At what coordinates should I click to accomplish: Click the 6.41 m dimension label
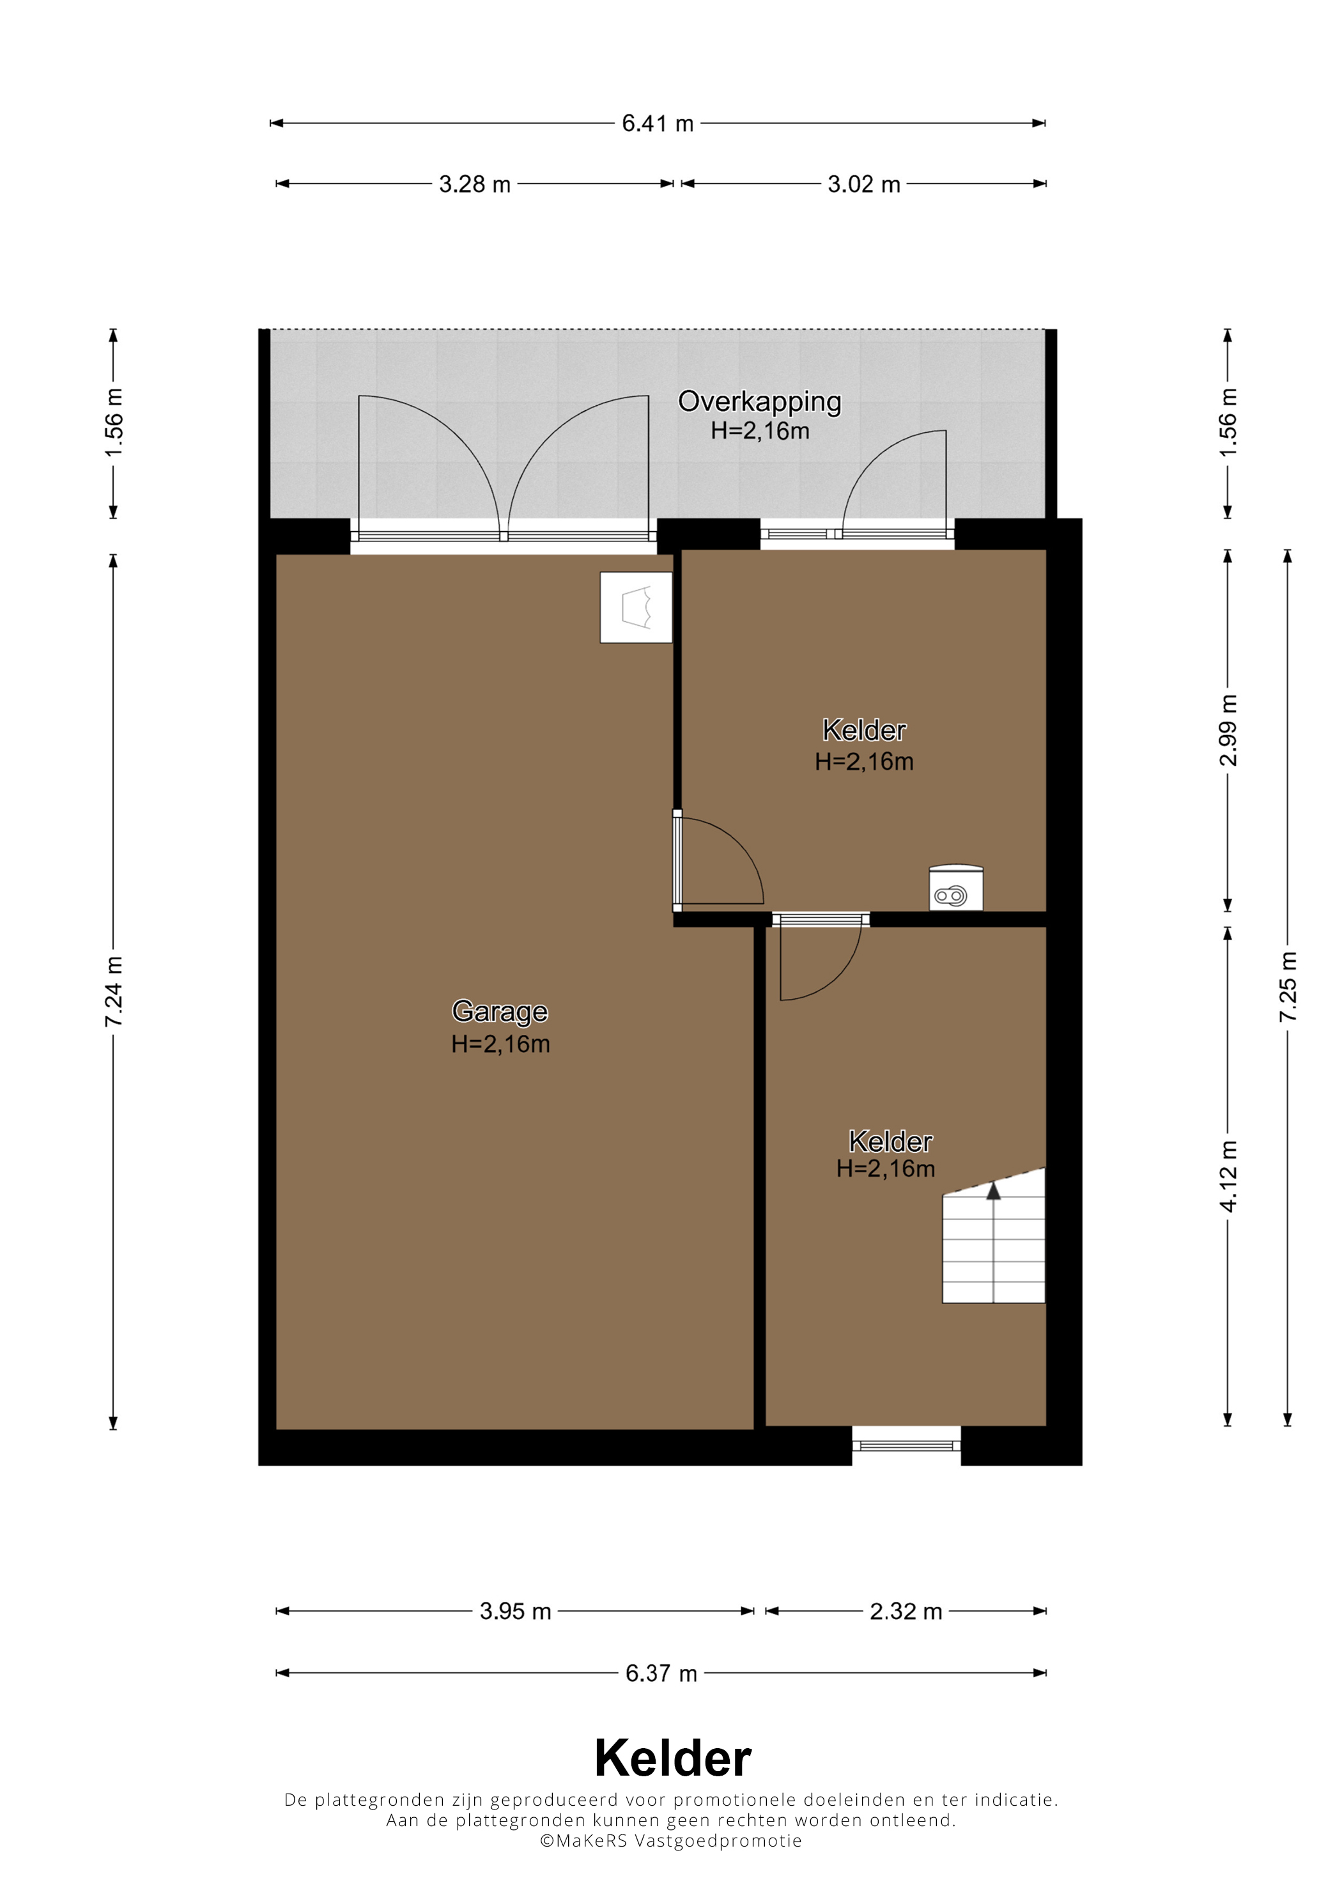pos(658,123)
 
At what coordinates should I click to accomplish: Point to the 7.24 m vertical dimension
pos(113,991)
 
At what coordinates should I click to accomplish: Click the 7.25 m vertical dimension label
pos(1288,987)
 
